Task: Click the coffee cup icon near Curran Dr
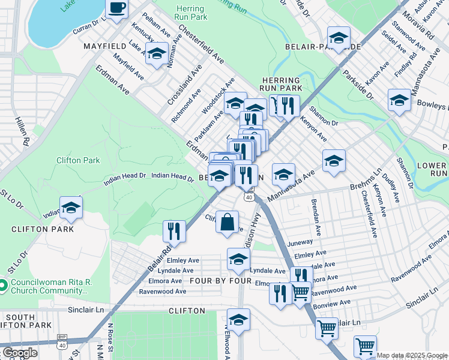[117, 8]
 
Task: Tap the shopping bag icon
[228, 222]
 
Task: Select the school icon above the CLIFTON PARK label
[71, 208]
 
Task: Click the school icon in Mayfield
[157, 53]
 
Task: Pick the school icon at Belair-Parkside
[339, 37]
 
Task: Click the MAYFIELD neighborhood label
[104, 46]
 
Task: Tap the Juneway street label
[301, 242]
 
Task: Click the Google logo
[20, 353]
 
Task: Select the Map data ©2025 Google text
[411, 355]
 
